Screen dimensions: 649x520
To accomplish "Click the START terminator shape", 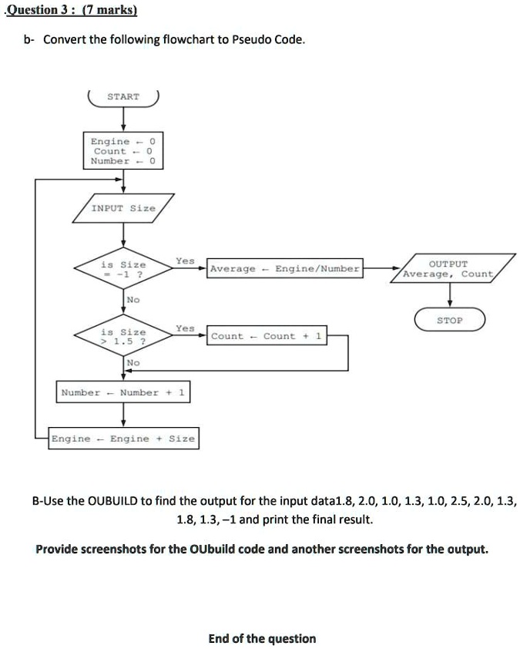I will (x=123, y=97).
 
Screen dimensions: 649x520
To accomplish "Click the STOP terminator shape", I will (x=450, y=320).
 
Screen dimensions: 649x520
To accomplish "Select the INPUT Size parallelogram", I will (x=123, y=208).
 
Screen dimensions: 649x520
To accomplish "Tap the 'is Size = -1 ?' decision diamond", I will (x=123, y=269).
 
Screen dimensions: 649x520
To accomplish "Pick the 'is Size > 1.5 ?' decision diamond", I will (x=123, y=336).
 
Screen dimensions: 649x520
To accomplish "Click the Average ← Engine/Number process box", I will (x=284, y=269).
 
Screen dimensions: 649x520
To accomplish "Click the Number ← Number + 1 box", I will (x=123, y=392).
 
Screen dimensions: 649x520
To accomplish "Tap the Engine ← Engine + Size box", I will (x=123, y=439).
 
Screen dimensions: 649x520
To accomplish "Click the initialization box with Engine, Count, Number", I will (x=123, y=151).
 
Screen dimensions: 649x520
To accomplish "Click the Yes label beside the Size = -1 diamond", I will (x=185, y=261).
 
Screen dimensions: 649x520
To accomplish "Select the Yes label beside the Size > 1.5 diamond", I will (x=185, y=328).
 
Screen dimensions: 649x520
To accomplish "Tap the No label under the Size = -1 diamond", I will (x=133, y=298).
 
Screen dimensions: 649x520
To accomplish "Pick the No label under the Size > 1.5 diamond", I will (x=133, y=362).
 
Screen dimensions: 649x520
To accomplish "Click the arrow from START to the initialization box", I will (x=123, y=119).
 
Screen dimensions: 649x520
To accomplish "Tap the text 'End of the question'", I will (x=262, y=638).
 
